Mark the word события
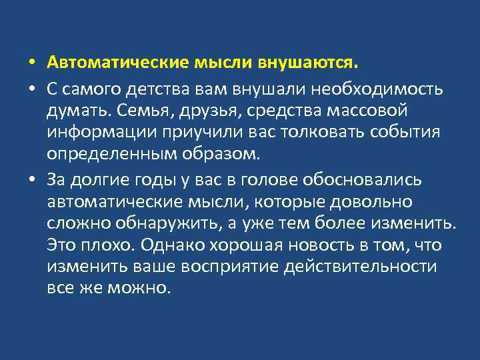(x=399, y=132)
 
